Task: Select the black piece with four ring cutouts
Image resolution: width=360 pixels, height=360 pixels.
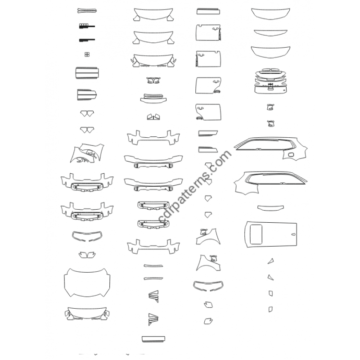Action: pos(86,26)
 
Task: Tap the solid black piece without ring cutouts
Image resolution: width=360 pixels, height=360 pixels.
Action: pos(86,40)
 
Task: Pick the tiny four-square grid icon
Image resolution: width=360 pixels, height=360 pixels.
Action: pos(87,54)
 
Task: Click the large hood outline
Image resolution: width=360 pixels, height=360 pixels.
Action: pos(87,283)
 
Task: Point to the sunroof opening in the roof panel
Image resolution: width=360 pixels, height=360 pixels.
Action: pos(256,234)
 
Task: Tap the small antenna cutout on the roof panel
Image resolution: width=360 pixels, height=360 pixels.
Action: pos(293,234)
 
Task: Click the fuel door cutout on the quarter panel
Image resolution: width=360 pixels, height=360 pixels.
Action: pos(291,154)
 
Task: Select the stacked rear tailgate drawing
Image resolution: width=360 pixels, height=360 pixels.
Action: pos(271,81)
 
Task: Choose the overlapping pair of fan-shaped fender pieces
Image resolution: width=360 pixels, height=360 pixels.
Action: pos(87,153)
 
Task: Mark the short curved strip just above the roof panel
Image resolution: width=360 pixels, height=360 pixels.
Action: pos(270,207)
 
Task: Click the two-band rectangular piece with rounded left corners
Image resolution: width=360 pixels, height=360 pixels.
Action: pos(87,73)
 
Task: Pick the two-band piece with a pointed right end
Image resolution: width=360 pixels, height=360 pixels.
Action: pos(87,94)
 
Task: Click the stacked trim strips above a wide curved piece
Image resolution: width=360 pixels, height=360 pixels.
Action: pos(153,98)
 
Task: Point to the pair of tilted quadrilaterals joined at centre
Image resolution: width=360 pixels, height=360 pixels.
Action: pos(153,117)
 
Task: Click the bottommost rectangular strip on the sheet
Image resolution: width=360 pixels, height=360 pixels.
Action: pos(153,339)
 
